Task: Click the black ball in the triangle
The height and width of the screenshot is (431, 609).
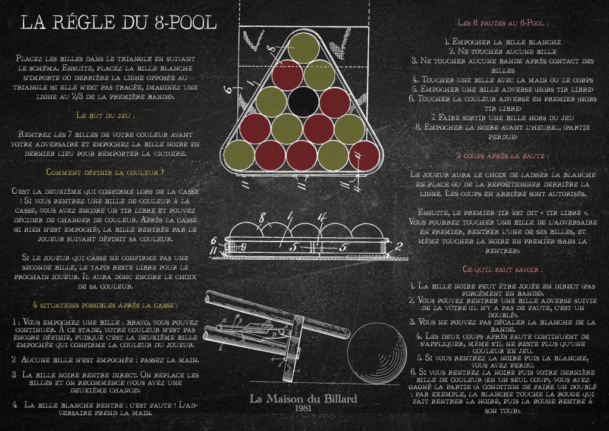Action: [303, 102]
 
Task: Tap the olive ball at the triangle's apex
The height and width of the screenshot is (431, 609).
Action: [304, 48]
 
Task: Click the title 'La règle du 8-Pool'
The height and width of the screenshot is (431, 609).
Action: [118, 22]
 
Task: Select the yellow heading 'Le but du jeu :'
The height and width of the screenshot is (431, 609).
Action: [106, 115]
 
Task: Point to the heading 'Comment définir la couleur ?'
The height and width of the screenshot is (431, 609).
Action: [105, 172]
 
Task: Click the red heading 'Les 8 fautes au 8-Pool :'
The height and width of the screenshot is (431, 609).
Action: [503, 23]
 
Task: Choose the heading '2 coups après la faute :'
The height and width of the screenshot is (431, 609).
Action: [503, 156]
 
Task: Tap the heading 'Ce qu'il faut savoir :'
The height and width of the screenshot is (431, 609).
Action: [503, 269]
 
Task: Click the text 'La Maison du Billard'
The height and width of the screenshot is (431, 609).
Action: [303, 399]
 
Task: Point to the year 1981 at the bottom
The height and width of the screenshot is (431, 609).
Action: [303, 408]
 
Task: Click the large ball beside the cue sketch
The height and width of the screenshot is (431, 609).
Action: [376, 354]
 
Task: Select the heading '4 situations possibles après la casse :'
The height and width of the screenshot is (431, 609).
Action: [105, 305]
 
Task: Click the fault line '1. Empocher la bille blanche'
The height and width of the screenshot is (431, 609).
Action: [503, 42]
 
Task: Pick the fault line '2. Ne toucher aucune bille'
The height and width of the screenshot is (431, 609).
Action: [503, 51]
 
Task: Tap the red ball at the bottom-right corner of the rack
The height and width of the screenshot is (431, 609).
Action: [364, 156]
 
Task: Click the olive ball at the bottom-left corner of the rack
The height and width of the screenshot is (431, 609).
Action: [239, 155]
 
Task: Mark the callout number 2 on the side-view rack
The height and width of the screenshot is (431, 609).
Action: [398, 246]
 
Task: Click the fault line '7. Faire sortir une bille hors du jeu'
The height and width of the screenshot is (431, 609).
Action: [503, 118]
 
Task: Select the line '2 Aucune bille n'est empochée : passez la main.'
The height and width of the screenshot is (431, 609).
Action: [105, 360]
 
